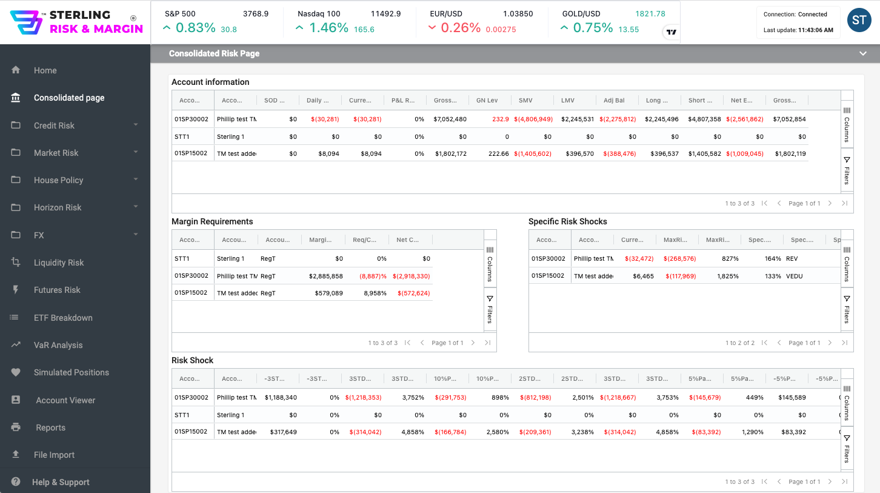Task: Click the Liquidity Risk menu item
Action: pyautogui.click(x=58, y=263)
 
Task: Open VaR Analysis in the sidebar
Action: pyautogui.click(x=58, y=345)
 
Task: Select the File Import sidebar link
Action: pyautogui.click(x=54, y=455)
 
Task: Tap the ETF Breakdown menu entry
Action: pyautogui.click(x=63, y=318)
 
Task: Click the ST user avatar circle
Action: pyautogui.click(x=859, y=21)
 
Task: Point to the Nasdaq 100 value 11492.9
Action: pyautogui.click(x=385, y=13)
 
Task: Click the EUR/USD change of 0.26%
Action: pyautogui.click(x=460, y=28)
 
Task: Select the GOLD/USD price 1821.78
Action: pyautogui.click(x=650, y=13)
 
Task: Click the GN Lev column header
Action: pyautogui.click(x=487, y=101)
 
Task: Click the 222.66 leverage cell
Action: pyautogui.click(x=499, y=153)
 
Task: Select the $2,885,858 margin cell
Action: pyautogui.click(x=325, y=276)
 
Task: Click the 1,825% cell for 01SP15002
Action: pyautogui.click(x=727, y=276)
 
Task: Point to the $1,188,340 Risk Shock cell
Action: pyautogui.click(x=281, y=398)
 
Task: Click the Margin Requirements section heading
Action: pyautogui.click(x=212, y=221)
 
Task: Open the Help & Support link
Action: pyautogui.click(x=61, y=482)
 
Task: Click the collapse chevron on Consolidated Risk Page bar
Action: pyautogui.click(x=863, y=53)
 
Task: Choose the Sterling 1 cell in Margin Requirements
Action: pyautogui.click(x=230, y=258)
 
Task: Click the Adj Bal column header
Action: pyautogui.click(x=614, y=101)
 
